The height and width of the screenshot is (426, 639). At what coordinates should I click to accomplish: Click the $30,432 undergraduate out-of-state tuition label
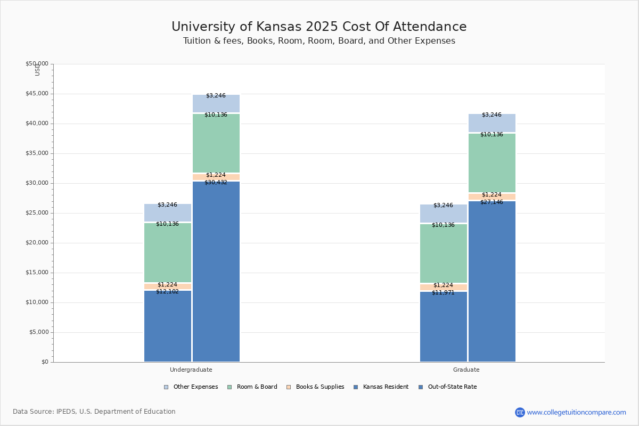click(x=216, y=183)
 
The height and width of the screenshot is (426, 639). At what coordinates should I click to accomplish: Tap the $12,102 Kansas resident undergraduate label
click(x=167, y=292)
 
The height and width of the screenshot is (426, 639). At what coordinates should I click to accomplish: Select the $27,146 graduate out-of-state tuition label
click(x=491, y=202)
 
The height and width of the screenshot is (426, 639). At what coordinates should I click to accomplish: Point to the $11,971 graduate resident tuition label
click(x=443, y=293)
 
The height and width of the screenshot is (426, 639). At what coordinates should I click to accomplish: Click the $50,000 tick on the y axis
click(x=37, y=64)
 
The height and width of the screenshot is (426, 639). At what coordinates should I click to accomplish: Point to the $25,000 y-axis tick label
click(x=37, y=213)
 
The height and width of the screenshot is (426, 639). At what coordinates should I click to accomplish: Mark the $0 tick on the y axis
click(x=44, y=362)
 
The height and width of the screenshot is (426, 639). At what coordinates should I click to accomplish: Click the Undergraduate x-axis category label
click(x=191, y=370)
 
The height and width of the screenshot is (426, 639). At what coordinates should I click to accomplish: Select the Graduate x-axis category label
click(x=466, y=370)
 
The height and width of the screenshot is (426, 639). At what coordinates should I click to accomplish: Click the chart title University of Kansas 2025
click(x=319, y=27)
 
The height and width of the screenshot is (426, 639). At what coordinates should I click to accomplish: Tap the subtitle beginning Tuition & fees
click(x=319, y=41)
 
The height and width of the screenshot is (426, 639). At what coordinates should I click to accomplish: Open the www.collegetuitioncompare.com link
click(x=576, y=412)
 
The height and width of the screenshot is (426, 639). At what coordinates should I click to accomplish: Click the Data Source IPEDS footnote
click(x=94, y=412)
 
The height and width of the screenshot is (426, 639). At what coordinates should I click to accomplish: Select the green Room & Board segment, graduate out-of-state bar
click(x=492, y=162)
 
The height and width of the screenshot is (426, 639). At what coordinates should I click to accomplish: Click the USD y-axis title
click(x=37, y=70)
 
